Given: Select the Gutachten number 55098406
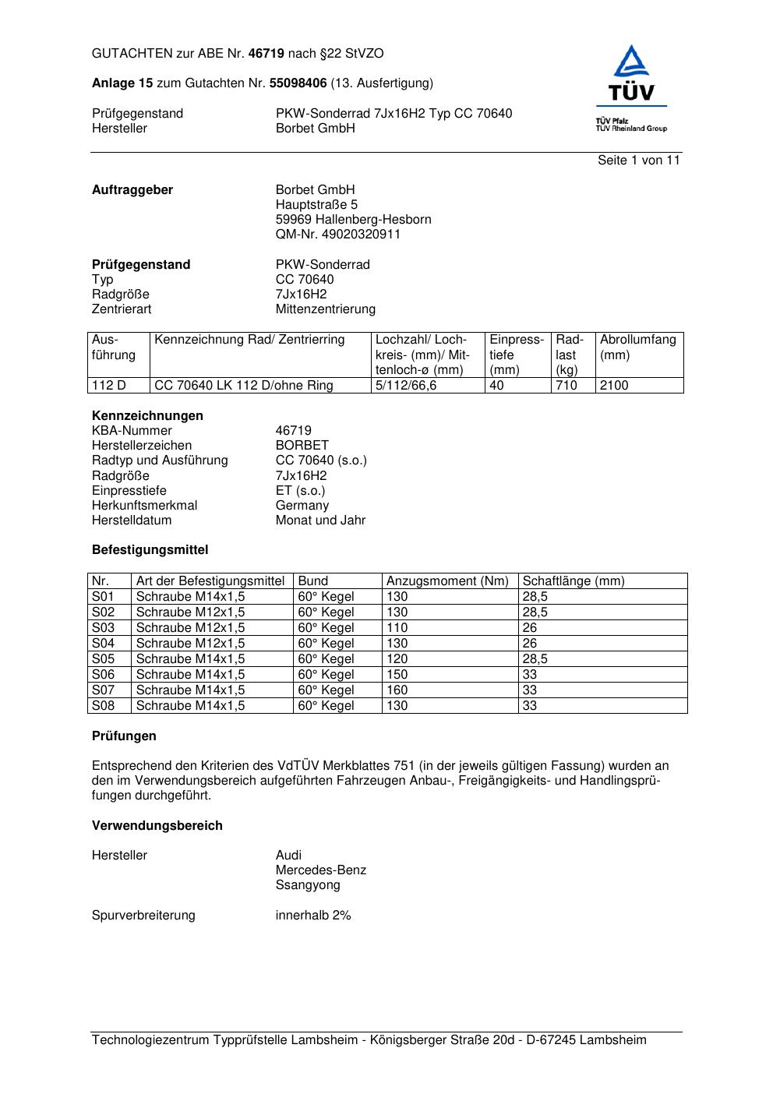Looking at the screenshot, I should click(x=298, y=83).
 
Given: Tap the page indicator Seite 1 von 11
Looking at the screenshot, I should click(x=638, y=161).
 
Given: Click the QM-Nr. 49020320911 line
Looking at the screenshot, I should click(x=337, y=235).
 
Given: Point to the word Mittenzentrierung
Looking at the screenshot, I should click(x=325, y=309).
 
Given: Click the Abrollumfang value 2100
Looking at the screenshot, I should click(x=614, y=386).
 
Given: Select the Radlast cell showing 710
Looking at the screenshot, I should click(x=567, y=386).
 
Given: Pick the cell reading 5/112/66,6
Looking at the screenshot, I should click(x=406, y=386).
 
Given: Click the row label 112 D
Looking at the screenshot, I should click(x=109, y=386).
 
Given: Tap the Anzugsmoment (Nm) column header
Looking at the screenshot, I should click(x=447, y=581).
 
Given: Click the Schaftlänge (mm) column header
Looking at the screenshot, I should click(x=574, y=581).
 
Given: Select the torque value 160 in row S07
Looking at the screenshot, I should click(x=397, y=690).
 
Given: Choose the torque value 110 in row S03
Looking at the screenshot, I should click(x=397, y=628).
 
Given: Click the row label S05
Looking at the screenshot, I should click(x=103, y=659).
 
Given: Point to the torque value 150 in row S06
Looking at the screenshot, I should click(x=397, y=675).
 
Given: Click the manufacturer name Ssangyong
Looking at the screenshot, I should click(x=308, y=885).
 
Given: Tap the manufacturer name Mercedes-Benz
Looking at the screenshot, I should click(x=320, y=870).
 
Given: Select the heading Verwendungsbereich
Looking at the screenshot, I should click(x=157, y=826).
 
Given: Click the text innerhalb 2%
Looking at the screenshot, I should click(x=313, y=916).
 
